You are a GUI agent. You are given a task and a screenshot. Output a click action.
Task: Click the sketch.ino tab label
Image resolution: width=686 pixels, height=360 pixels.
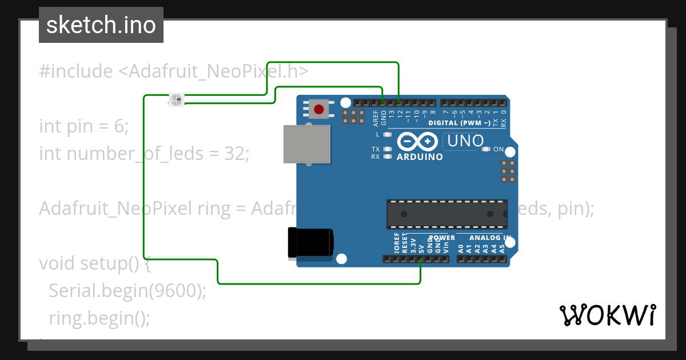pos(101,25)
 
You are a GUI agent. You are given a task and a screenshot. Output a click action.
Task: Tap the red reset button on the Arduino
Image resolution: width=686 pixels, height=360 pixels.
pos(318,109)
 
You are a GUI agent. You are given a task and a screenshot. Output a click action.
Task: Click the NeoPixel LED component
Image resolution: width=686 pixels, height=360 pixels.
pos(177,101)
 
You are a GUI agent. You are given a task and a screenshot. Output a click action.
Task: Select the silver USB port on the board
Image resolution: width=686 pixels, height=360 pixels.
pos(307,143)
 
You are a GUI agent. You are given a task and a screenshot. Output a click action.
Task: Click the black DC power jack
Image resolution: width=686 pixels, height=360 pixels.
pos(310,243)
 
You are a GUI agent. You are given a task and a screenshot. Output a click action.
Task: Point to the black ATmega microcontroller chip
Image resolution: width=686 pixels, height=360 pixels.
pos(446,214)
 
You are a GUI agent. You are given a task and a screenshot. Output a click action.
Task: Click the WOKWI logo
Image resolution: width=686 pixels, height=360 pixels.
pos(608,315)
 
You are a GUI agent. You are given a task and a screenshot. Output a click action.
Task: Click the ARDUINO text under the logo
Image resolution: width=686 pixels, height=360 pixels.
pos(420,157)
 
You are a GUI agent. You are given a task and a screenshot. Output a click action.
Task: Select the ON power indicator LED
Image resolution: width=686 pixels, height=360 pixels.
pos(486,149)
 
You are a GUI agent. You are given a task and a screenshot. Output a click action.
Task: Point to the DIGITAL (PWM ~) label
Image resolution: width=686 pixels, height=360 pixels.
pos(459,123)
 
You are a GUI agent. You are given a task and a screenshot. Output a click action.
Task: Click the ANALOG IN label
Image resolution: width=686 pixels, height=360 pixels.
pos(490,238)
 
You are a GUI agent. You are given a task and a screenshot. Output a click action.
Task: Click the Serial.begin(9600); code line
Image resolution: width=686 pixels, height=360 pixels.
pos(127,291)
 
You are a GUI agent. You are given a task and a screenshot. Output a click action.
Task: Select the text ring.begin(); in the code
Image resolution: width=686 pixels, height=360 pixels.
pos(99,318)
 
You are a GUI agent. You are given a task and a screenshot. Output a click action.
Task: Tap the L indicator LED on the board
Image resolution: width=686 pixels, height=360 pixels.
pos(388,135)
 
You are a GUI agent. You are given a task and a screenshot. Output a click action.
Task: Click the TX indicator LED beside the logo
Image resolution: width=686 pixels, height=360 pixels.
pos(388,149)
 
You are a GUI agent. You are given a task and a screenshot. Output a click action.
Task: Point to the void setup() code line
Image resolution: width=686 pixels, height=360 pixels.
pos(94,263)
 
